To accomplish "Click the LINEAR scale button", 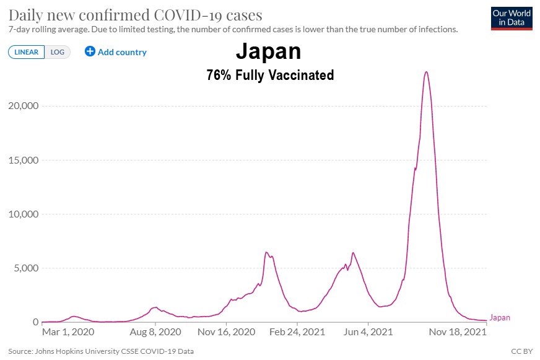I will click(27, 52).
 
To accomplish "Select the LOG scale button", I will click(58, 52).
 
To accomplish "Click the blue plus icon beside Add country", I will click(90, 51).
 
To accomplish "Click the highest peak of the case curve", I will click(426, 72).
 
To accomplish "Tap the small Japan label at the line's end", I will click(500, 318).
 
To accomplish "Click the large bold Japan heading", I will click(270, 51).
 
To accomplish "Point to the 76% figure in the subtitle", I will click(219, 76).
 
